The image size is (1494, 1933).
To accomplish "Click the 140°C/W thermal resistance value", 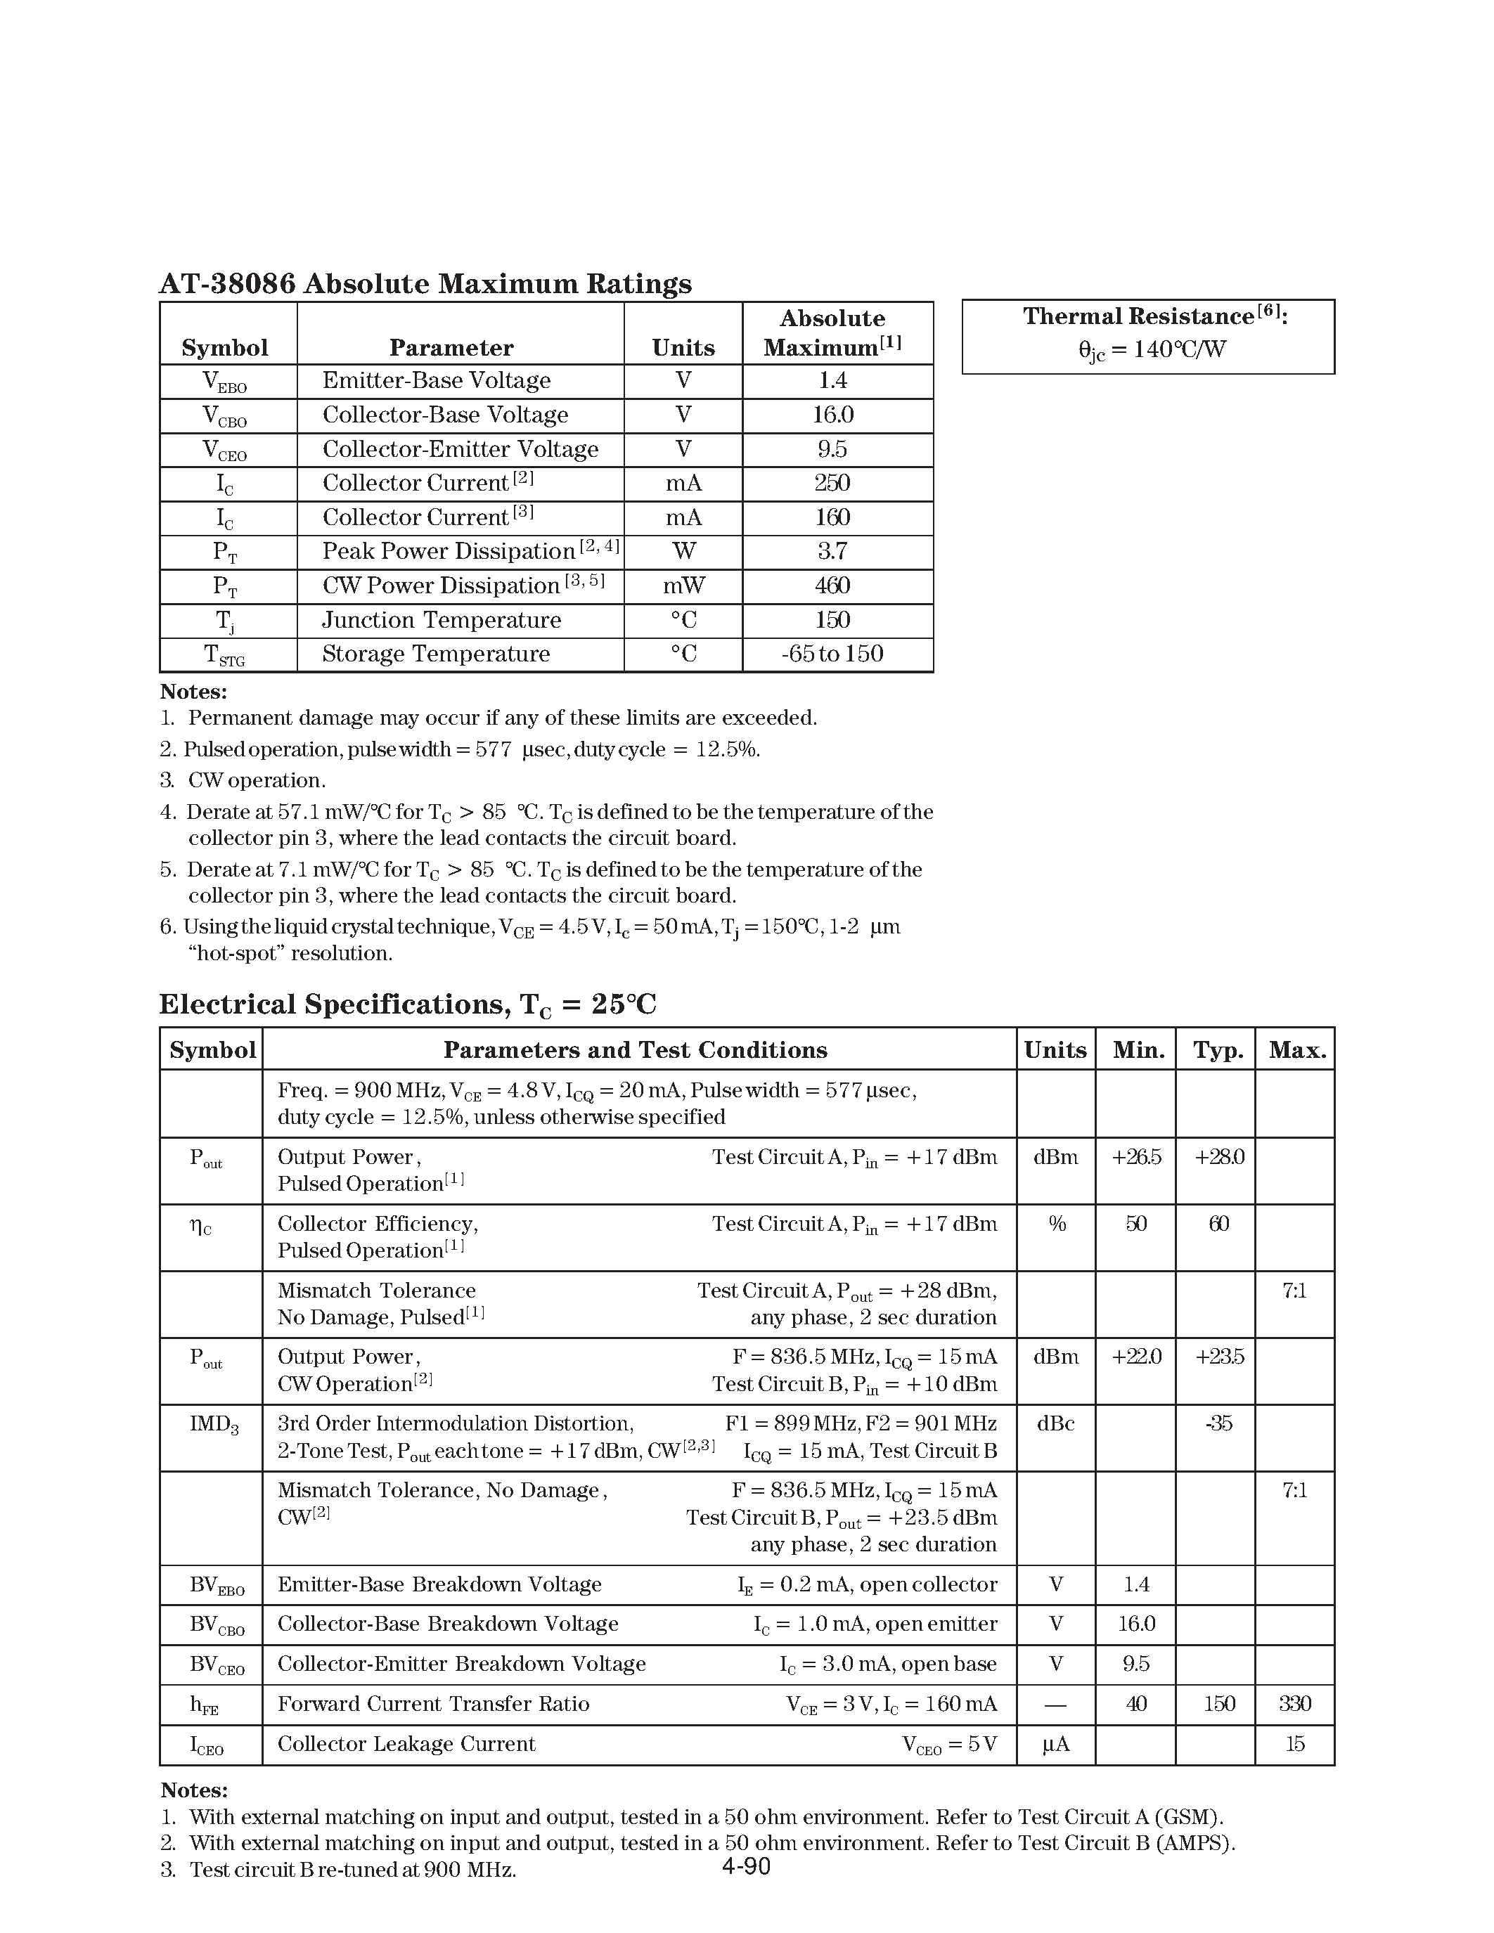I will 1152,349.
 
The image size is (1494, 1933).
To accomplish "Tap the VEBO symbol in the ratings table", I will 225,382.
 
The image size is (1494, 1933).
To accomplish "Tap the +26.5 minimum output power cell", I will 1135,1158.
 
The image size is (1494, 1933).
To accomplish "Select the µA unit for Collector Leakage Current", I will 1055,1745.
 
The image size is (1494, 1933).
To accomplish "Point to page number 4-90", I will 746,1867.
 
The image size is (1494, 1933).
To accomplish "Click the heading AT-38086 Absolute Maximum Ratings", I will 425,284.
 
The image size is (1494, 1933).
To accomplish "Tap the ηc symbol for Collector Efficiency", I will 201,1226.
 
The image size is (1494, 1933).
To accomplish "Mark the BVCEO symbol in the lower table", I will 217,1664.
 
